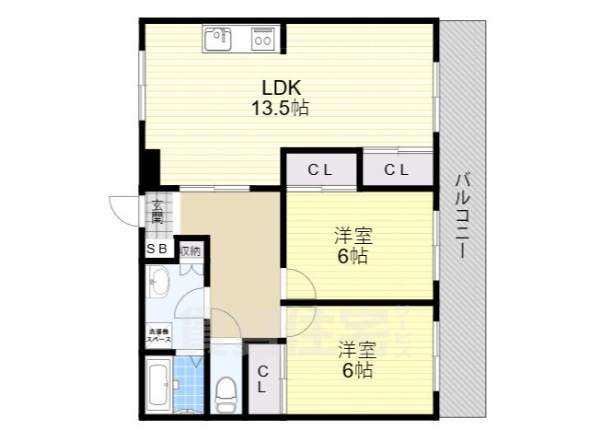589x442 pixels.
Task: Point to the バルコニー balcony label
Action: [464, 217]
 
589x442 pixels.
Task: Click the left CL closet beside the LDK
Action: [319, 169]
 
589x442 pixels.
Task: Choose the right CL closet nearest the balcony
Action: [396, 169]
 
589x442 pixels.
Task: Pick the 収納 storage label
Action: [191, 250]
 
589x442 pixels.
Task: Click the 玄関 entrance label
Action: [157, 214]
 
